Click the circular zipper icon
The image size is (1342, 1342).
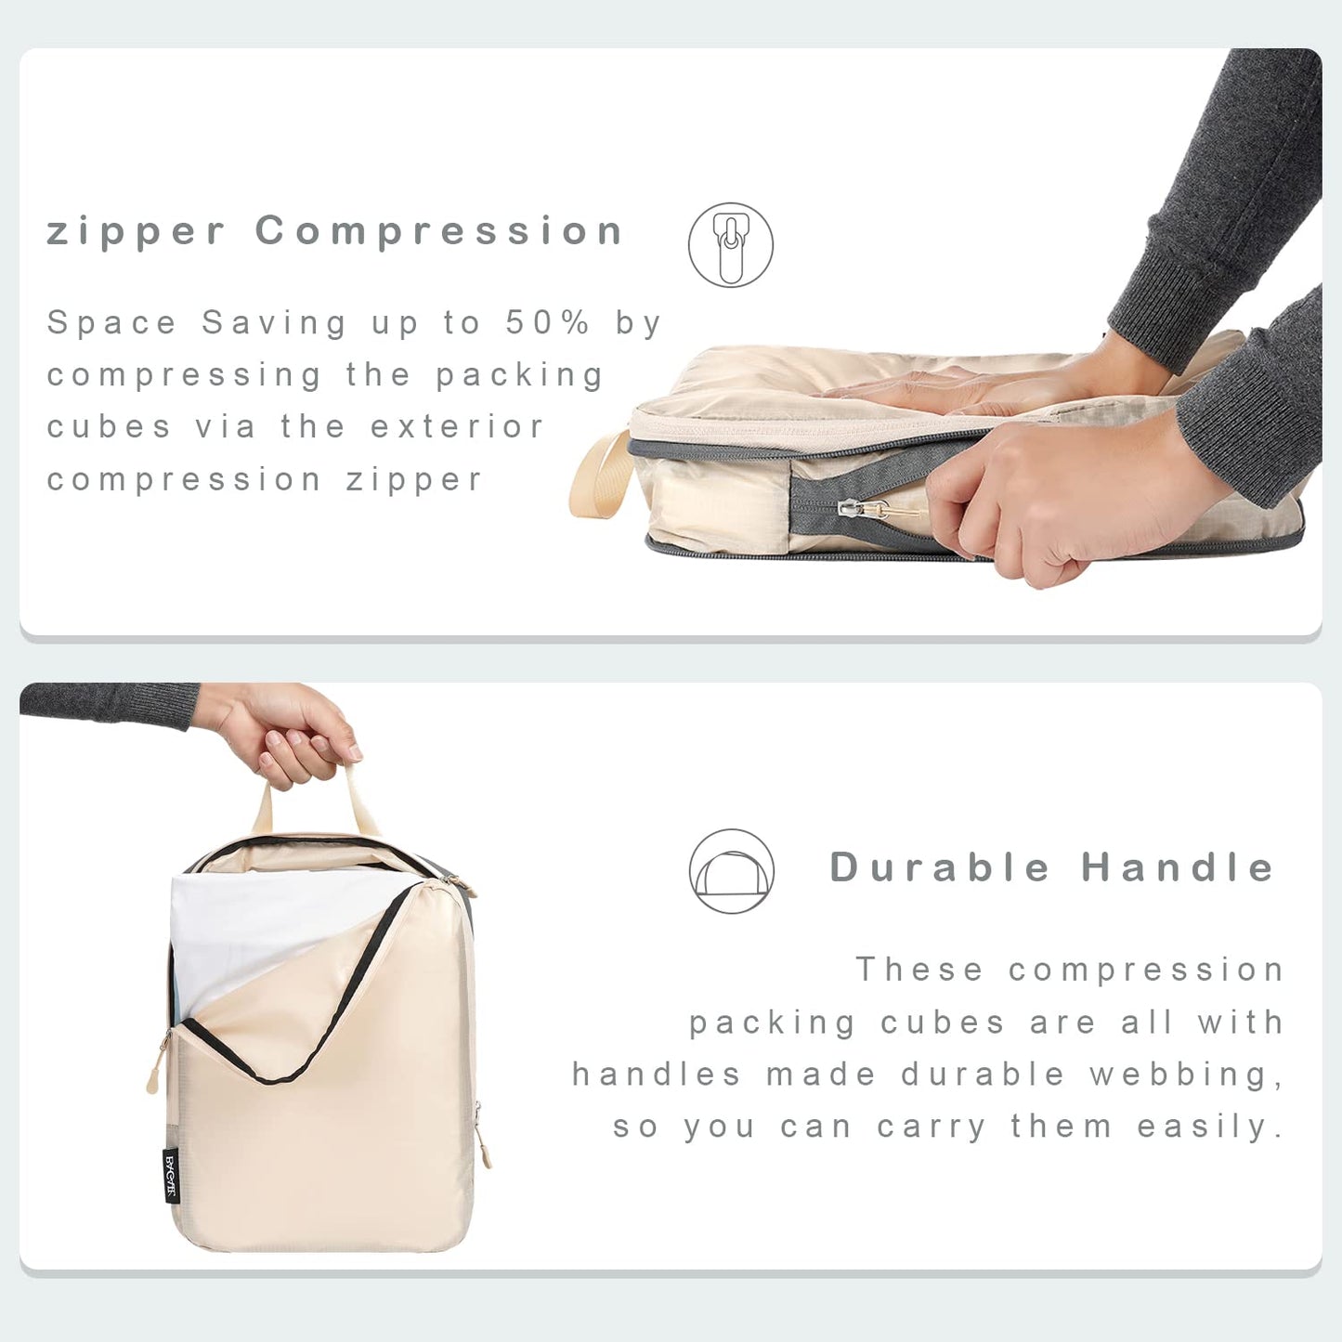pyautogui.click(x=731, y=245)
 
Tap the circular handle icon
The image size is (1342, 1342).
pyautogui.click(x=732, y=871)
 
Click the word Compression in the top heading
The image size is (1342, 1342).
pyautogui.click(x=438, y=231)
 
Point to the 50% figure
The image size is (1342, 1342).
pyautogui.click(x=548, y=322)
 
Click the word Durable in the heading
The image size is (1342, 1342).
pyautogui.click(x=940, y=867)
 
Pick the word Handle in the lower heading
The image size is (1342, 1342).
pyautogui.click(x=1178, y=867)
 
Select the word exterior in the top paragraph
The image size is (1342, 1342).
pyautogui.click(x=457, y=427)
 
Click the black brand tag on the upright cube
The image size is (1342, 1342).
pyautogui.click(x=171, y=1175)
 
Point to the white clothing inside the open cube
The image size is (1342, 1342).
pyautogui.click(x=260, y=929)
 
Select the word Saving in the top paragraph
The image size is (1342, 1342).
pyautogui.click(x=274, y=322)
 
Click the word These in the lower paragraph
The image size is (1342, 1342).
pyautogui.click(x=919, y=970)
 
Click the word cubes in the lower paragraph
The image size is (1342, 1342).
pyautogui.click(x=942, y=1023)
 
